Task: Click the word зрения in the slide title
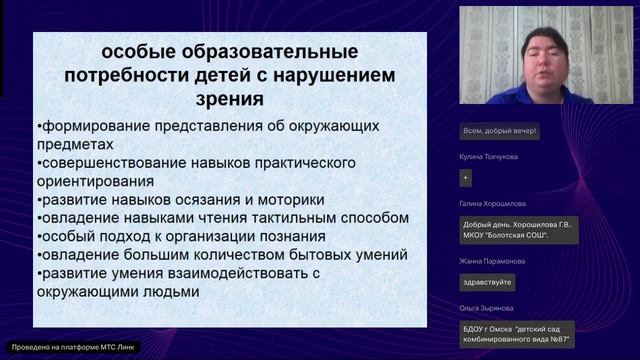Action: tap(229, 100)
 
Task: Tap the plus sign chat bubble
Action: tap(465, 178)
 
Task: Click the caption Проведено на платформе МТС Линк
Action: tap(71, 347)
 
